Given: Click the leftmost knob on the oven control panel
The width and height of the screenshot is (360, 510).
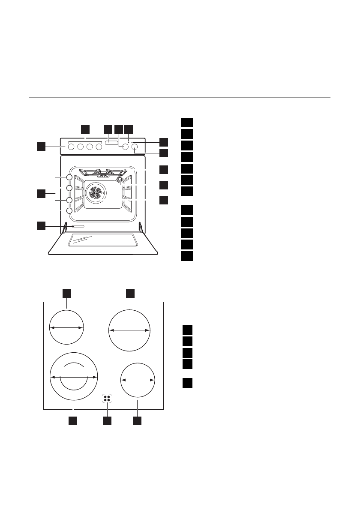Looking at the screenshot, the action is coord(71,147).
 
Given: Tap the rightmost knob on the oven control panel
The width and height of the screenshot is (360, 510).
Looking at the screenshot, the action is coord(135,147).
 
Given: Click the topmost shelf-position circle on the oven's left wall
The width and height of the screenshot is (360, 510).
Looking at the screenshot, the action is coord(69,178).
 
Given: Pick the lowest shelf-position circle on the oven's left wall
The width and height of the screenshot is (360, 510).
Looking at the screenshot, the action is coord(69,210).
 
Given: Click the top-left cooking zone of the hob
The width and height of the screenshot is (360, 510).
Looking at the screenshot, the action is coord(66,327).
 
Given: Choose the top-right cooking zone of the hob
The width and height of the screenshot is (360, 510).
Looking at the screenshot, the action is coord(129,330).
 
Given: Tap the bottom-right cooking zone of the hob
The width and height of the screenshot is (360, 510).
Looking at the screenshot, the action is coord(137,380).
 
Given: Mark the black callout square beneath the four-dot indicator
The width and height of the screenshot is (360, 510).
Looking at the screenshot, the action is coord(107,421).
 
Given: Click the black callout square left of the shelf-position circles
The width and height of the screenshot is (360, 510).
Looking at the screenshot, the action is coord(41,194).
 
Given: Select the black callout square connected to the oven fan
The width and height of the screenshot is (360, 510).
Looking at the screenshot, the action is coord(163,199).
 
